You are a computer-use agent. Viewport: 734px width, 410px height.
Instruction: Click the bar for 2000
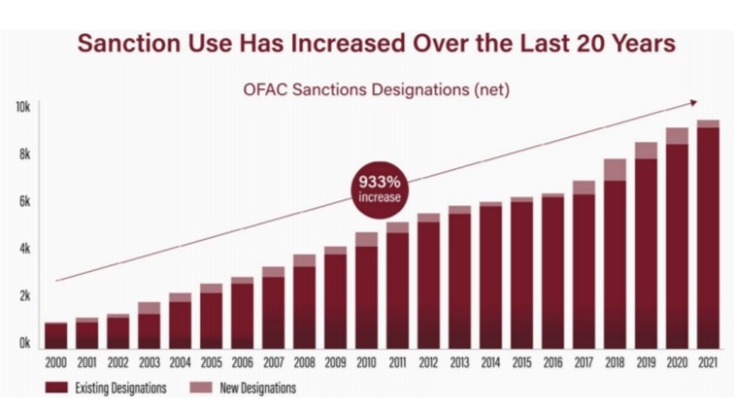click(x=55, y=335)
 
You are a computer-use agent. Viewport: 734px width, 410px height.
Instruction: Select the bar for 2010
click(x=366, y=290)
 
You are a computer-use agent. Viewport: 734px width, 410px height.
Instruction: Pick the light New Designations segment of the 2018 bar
click(x=615, y=170)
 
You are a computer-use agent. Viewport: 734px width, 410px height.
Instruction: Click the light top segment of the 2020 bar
click(x=677, y=136)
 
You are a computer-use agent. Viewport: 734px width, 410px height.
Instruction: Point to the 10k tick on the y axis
click(x=22, y=106)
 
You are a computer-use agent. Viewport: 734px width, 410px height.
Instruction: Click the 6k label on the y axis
click(x=22, y=201)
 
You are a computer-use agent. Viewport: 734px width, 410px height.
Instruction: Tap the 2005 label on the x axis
click(x=211, y=363)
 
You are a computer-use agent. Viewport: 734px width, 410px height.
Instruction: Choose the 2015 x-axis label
click(x=521, y=363)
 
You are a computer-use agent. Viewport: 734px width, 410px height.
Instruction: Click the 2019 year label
click(x=646, y=363)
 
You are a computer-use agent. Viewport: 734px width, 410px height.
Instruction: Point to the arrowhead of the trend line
click(x=693, y=102)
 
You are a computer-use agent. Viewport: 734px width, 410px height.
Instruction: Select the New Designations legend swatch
click(x=199, y=388)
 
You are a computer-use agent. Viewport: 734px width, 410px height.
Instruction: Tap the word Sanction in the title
click(x=126, y=44)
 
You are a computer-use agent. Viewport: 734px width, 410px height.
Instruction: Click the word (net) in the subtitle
click(x=486, y=89)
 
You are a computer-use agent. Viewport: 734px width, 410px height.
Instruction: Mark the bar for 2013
click(x=459, y=277)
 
